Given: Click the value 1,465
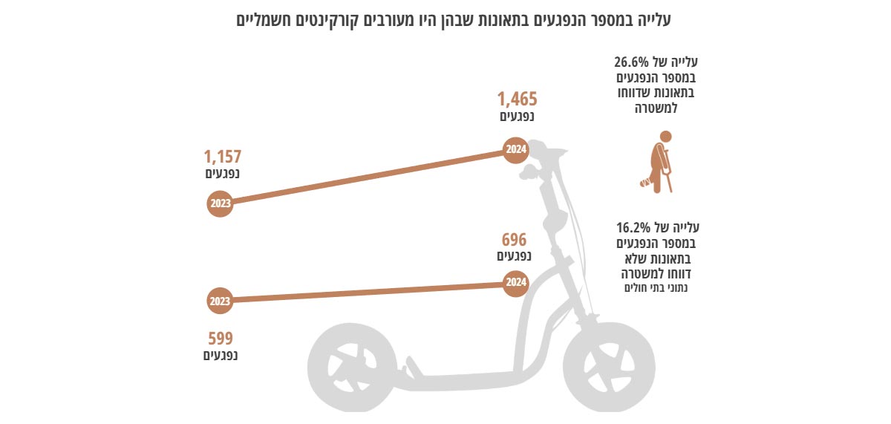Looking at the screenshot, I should coord(517,99).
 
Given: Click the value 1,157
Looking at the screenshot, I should coord(223,157).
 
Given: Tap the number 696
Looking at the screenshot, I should coord(514,240).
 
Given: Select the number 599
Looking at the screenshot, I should coord(221,339).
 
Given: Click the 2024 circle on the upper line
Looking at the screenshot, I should coord(516,151).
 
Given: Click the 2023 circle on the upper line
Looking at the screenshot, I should coord(220,203).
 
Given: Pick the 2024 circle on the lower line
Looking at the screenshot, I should coord(516,283).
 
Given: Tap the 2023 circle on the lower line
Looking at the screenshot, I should coord(220,301).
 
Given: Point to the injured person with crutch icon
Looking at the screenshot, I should coord(659,162).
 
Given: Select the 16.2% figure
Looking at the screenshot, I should coord(632,227).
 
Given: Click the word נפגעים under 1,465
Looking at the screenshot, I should coord(517,117).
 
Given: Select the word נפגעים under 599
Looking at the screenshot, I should coord(221,356).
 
